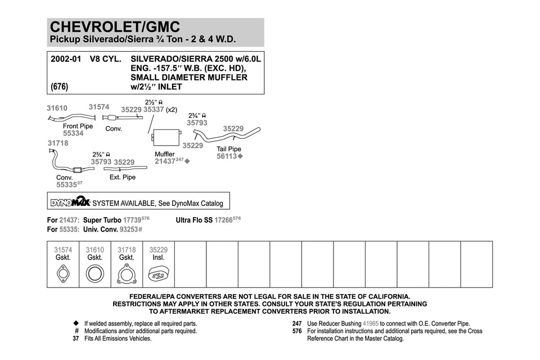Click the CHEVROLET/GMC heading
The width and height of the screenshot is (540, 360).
[115, 26]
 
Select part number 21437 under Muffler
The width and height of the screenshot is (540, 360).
[164, 161]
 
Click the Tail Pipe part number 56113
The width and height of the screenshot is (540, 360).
[227, 156]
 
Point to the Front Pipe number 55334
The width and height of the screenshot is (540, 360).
[73, 134]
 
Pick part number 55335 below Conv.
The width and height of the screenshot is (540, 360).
[66, 184]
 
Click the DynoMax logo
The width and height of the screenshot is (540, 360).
[70, 202]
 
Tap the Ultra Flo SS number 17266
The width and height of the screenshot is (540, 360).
[223, 220]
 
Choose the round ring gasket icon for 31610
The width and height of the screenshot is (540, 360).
[94, 274]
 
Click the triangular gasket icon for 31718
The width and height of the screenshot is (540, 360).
[127, 274]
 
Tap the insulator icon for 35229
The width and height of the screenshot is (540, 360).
[158, 274]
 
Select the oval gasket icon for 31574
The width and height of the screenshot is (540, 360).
[63, 274]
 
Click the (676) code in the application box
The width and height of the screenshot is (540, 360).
[59, 87]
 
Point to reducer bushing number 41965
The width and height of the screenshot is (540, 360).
[371, 324]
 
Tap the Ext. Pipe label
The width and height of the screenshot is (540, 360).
[123, 177]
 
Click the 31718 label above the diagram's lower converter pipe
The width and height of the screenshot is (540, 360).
[57, 143]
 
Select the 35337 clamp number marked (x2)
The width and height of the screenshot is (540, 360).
[154, 110]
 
